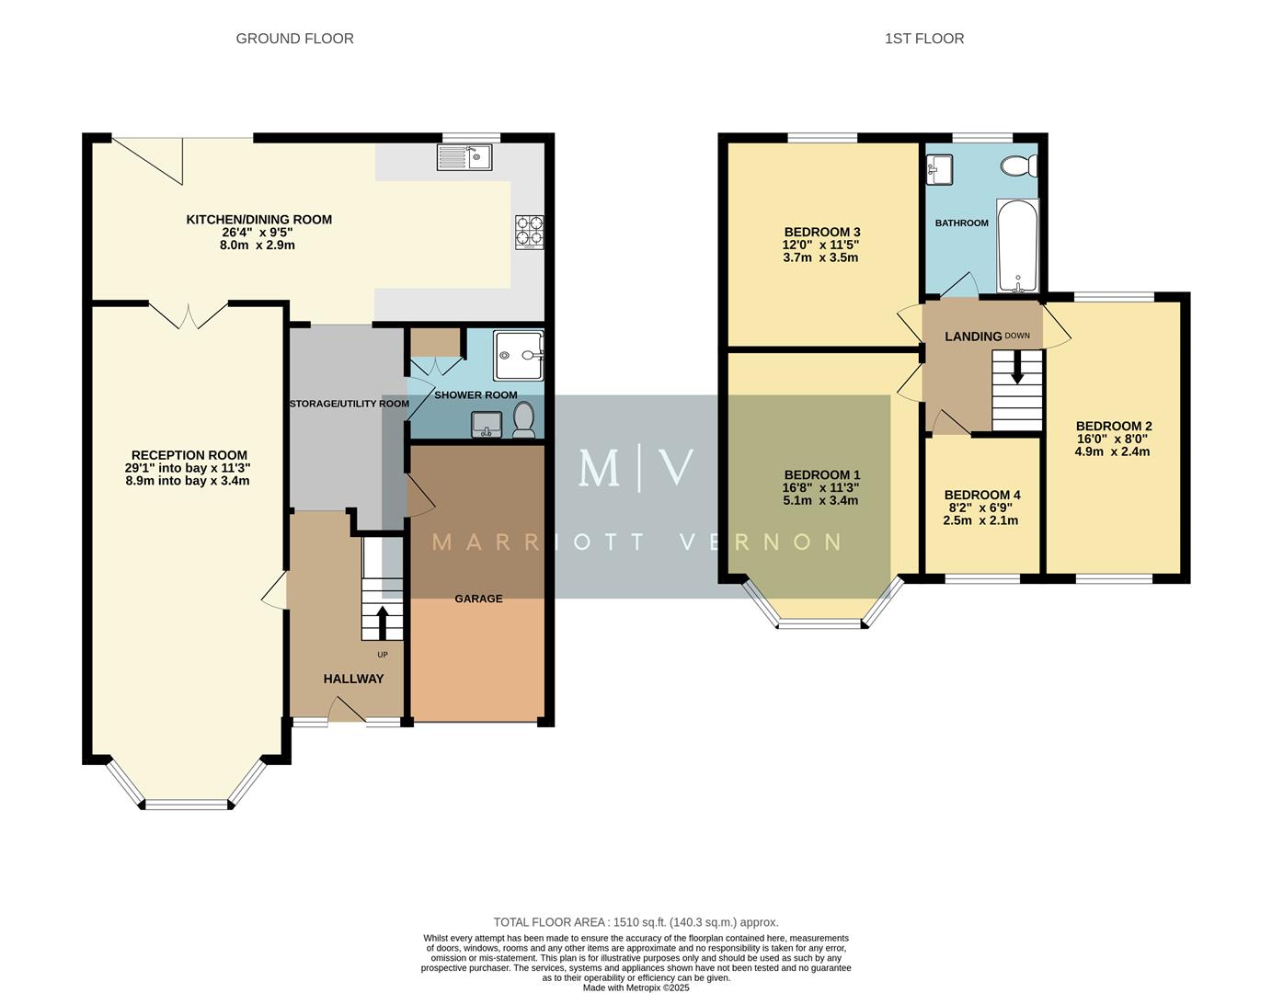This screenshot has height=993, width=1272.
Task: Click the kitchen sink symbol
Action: tap(465, 157)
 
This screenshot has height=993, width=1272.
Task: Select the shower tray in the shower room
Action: tap(519, 355)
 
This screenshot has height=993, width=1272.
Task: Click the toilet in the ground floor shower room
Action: tap(524, 421)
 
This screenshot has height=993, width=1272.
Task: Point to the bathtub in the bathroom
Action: tap(1017, 246)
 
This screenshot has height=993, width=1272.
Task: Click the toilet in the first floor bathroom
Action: tap(1019, 166)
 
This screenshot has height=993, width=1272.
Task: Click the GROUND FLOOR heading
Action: tap(294, 39)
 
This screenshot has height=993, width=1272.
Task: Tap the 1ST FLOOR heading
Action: tap(923, 39)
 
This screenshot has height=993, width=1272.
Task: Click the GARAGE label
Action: tap(478, 599)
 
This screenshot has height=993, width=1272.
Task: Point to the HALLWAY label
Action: tap(353, 679)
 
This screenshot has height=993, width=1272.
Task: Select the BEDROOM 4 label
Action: tap(981, 495)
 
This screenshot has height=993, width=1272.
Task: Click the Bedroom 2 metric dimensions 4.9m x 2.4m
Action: tap(1112, 451)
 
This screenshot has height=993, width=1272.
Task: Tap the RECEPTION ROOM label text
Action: tap(189, 455)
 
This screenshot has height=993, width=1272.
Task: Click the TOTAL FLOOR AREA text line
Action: tap(636, 922)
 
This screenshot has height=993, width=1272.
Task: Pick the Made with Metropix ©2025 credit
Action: tap(636, 987)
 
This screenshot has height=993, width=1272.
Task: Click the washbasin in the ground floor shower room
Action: tap(486, 424)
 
